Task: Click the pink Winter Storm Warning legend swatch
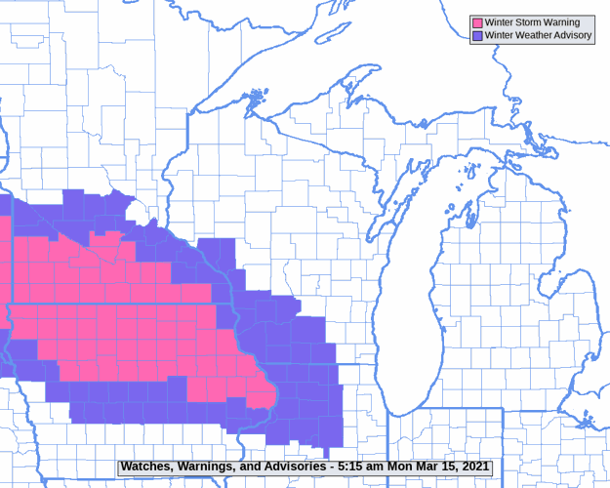pyautogui.click(x=477, y=22)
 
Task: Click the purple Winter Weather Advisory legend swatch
pyautogui.click(x=477, y=35)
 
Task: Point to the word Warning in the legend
pyautogui.click(x=561, y=22)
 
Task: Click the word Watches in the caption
pyautogui.click(x=147, y=468)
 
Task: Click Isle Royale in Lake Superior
pyautogui.click(x=256, y=98)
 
